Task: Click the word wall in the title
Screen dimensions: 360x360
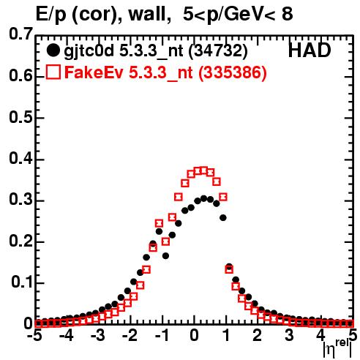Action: click(x=147, y=14)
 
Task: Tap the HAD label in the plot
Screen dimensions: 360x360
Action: click(x=310, y=50)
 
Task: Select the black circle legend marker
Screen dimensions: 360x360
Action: click(x=53, y=50)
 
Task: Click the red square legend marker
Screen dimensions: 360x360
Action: click(x=53, y=72)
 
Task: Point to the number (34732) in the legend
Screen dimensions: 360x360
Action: click(x=218, y=51)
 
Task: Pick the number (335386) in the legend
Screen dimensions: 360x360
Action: click(x=232, y=72)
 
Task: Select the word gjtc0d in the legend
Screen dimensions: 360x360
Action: click(x=89, y=52)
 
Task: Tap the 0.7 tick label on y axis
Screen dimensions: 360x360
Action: click(x=20, y=34)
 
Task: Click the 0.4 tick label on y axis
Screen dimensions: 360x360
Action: click(x=20, y=159)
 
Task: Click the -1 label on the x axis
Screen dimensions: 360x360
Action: click(x=162, y=336)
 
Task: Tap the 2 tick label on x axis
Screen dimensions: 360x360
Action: click(x=257, y=336)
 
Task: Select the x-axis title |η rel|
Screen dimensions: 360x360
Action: click(x=337, y=348)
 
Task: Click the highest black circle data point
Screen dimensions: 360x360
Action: click(x=204, y=198)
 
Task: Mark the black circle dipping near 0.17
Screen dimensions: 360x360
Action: click(x=165, y=256)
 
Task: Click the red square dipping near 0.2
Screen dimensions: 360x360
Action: click(x=165, y=241)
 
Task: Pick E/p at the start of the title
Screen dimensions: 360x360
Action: click(x=51, y=15)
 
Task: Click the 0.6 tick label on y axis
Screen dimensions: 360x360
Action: click(x=20, y=75)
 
